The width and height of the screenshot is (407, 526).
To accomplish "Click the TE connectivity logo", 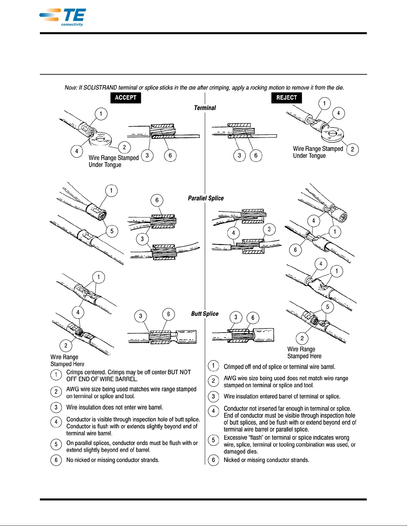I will pyautogui.click(x=63, y=17).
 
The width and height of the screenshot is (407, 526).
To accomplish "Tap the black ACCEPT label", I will pyautogui.click(x=126, y=98).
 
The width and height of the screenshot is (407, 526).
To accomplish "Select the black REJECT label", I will pyautogui.click(x=286, y=98).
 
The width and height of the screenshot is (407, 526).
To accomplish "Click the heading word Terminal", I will pyautogui.click(x=205, y=108).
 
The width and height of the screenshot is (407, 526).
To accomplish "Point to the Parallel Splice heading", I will pyautogui.click(x=206, y=198).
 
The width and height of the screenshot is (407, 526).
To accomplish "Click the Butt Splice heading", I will pyautogui.click(x=205, y=314).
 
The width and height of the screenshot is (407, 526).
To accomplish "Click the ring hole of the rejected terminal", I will pyautogui.click(x=333, y=133).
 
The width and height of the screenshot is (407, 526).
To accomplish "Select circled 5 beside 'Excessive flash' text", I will pyautogui.click(x=213, y=440).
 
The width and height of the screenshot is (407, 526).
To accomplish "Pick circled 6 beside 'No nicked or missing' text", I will pyautogui.click(x=56, y=460).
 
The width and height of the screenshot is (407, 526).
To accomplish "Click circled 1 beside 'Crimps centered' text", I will pyautogui.click(x=56, y=375).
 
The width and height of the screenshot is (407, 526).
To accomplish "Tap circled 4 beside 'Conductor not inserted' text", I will pyautogui.click(x=213, y=411).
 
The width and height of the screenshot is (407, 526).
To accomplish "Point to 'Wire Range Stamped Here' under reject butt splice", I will pyautogui.click(x=304, y=353).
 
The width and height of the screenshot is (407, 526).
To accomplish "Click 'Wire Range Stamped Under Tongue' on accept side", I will pyautogui.click(x=113, y=161).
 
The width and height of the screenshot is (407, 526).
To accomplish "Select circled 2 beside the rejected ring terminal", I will pyautogui.click(x=352, y=149).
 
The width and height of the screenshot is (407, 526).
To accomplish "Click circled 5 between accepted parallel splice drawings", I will pyautogui.click(x=112, y=231).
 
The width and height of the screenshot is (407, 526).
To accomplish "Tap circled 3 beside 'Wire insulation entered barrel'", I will pyautogui.click(x=213, y=396).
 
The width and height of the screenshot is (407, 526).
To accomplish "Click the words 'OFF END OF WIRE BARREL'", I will pyautogui.click(x=102, y=379).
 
